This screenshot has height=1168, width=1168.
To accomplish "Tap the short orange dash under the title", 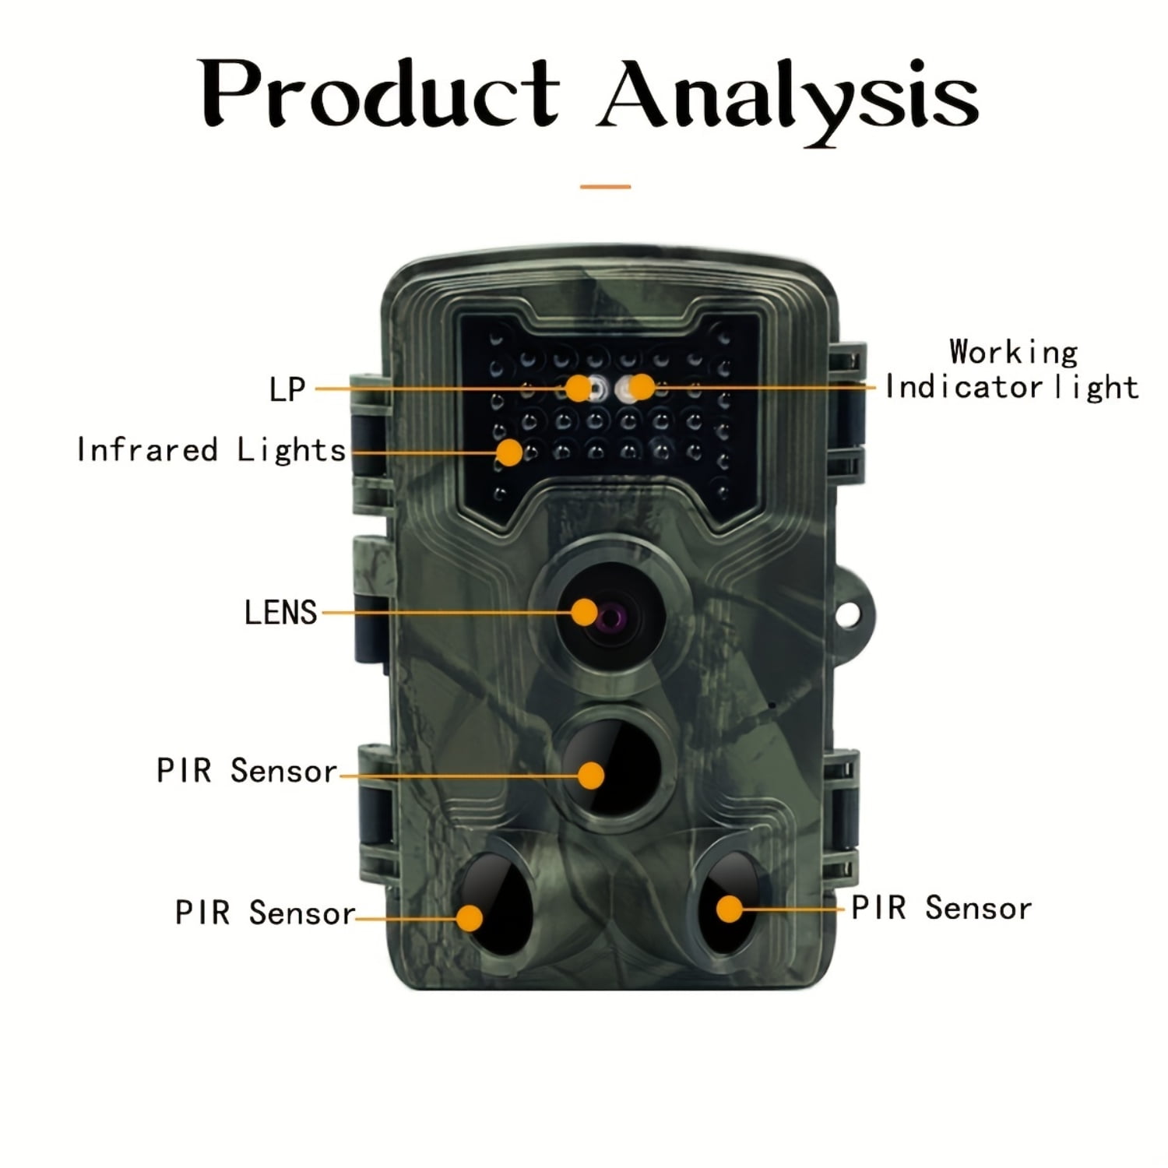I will coord(605,187).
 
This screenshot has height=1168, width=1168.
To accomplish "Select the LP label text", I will coord(287,389).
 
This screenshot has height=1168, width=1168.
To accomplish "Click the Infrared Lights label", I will coord(211,450).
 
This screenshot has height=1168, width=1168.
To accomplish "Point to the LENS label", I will coord(280,613).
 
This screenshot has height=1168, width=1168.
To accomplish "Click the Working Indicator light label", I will coord(1012,370).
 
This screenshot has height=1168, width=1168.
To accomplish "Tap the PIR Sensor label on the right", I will coord(941,908).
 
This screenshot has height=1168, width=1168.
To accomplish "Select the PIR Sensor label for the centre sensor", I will coord(247,771).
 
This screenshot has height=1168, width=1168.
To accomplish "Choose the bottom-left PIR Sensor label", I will coord(265,913).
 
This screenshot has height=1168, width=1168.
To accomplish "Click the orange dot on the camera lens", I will coord(584,612).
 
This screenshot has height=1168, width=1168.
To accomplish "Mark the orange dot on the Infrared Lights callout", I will coord(509,452).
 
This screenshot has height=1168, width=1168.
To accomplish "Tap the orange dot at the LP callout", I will coord(578,387).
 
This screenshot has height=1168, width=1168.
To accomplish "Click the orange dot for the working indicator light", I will coord(641,386).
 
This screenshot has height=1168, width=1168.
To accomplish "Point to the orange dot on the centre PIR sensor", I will coord(592,776).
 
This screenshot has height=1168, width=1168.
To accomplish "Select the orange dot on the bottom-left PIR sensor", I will coord(470,918).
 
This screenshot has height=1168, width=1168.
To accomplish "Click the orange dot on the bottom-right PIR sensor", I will coord(729,909).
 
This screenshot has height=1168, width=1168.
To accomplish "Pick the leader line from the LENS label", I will coord(444,613).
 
